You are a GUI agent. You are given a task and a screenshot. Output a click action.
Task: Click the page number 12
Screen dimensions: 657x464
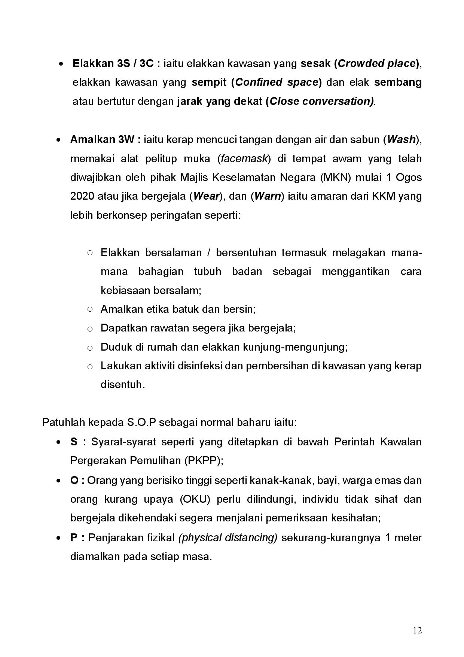418,630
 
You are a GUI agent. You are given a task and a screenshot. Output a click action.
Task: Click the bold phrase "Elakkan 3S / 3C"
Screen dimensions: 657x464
116,64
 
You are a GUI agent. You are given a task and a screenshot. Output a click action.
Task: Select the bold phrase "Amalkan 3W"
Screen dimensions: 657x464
106,140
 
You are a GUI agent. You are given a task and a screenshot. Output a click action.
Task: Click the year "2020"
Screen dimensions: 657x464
82,196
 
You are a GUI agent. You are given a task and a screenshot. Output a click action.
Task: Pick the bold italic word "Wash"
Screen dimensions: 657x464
401,140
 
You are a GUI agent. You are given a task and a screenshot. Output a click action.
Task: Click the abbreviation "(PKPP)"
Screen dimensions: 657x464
203,461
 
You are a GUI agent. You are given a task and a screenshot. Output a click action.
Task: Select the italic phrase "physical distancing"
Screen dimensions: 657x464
228,538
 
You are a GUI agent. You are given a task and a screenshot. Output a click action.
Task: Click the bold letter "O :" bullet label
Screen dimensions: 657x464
77,480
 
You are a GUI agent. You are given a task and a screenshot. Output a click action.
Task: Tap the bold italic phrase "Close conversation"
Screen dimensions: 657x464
321,102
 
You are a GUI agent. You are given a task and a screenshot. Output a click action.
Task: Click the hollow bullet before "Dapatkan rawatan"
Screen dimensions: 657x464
90,329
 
